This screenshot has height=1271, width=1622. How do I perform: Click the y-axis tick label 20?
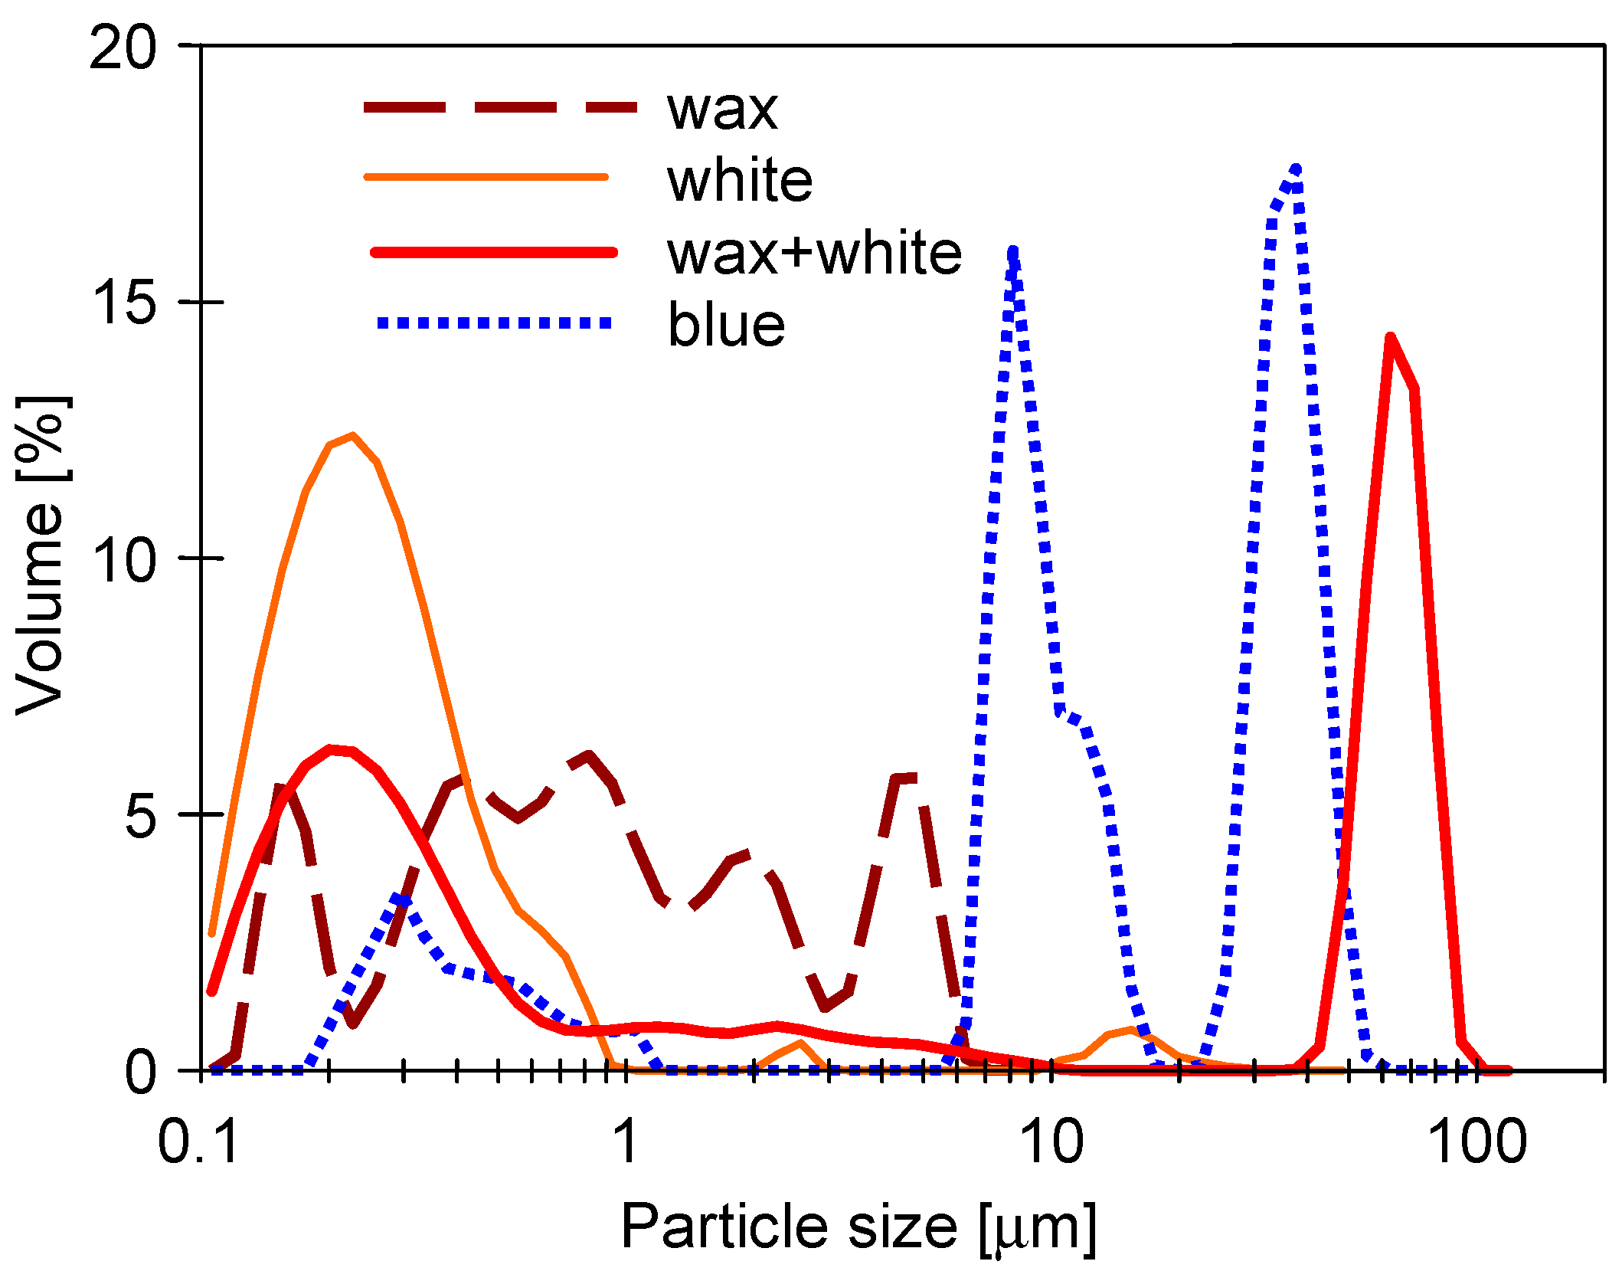123,47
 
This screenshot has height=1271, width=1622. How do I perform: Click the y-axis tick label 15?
123,303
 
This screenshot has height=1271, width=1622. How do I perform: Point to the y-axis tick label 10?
123,559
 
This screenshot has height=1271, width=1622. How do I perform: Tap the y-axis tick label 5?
140,815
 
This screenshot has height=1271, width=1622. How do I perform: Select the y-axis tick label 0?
141,1071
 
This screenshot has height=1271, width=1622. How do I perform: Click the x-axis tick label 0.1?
198,1142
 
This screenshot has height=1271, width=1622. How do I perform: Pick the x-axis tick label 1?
626,1142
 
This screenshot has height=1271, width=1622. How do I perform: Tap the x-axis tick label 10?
1052,1142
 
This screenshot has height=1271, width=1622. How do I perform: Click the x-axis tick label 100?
1477,1142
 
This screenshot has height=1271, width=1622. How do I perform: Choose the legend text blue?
726,325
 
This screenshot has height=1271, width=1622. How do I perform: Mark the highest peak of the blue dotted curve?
1295,169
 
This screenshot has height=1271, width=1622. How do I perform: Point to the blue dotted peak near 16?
1013,253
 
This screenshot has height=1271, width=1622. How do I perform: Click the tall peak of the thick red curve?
1390,338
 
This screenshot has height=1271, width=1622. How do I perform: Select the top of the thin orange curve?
352,436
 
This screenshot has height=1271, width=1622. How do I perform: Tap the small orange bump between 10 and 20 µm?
1130,1031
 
